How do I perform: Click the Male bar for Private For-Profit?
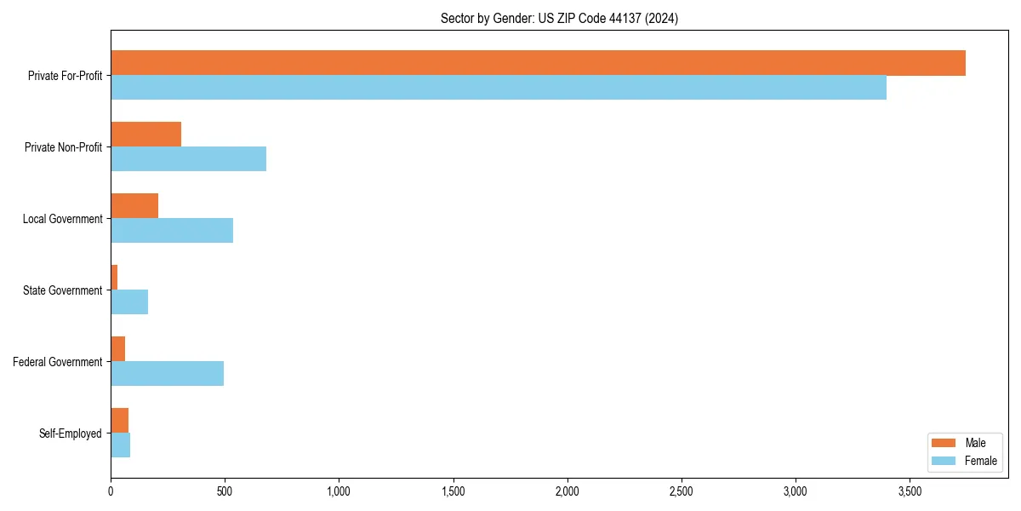(538, 63)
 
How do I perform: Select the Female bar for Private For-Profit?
(499, 88)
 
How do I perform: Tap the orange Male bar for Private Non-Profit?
(145, 135)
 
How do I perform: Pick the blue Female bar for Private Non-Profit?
(188, 159)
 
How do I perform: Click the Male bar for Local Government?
(134, 206)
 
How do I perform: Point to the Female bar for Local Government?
(172, 231)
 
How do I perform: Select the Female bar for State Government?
(129, 302)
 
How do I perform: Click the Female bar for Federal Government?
(167, 374)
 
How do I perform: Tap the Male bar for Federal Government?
(118, 349)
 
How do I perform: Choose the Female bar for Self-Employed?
(120, 445)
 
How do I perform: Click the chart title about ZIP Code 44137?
(559, 18)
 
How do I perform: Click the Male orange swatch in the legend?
(944, 443)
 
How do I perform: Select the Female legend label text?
(980, 461)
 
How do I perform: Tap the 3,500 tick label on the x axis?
(910, 491)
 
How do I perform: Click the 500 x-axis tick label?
(225, 491)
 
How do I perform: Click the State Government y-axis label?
(62, 290)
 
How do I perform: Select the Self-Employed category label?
(70, 433)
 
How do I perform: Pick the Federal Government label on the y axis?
(57, 362)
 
